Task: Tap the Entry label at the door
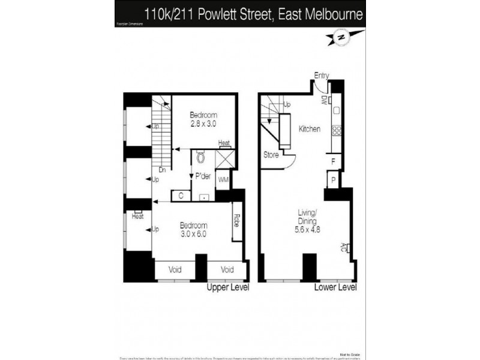point(322,75)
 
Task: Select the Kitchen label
point(309,129)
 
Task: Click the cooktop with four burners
point(337,130)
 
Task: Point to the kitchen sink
point(337,110)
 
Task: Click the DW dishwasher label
point(323,100)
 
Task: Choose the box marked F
point(333,161)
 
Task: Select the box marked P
point(332,179)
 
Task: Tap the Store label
point(271,155)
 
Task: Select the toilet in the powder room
point(200,157)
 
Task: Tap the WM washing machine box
point(223,179)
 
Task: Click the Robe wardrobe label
point(237,220)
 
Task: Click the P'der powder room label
point(203,177)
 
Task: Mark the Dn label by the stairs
point(162,170)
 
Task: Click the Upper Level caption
point(227,288)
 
